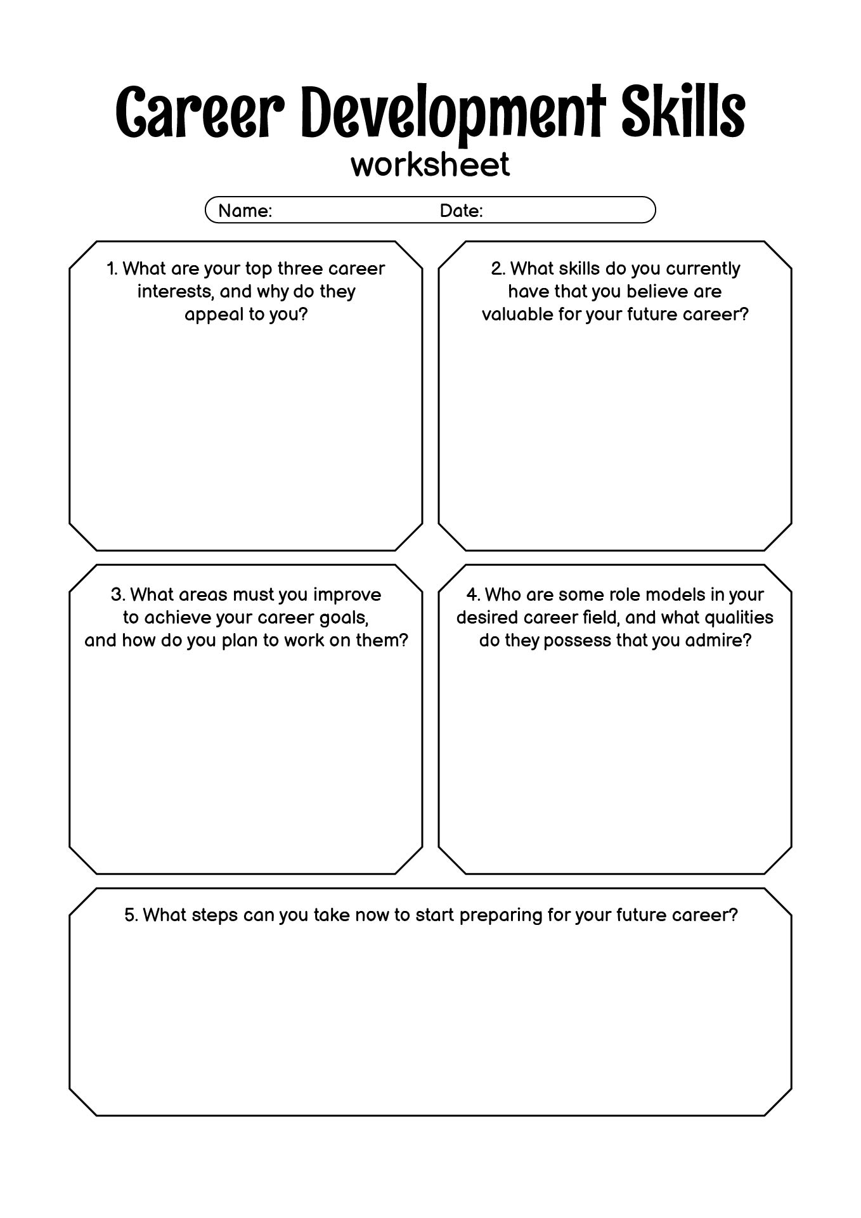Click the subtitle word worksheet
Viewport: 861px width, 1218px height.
click(x=430, y=164)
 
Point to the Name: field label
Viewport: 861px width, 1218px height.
click(x=245, y=211)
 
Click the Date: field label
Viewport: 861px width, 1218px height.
click(x=461, y=211)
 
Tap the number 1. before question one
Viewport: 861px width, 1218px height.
click(x=112, y=269)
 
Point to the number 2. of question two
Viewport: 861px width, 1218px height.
click(x=498, y=269)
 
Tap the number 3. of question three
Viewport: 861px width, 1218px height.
click(x=118, y=595)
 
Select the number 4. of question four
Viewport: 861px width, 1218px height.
click(x=473, y=595)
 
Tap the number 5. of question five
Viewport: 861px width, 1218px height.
click(x=131, y=915)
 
